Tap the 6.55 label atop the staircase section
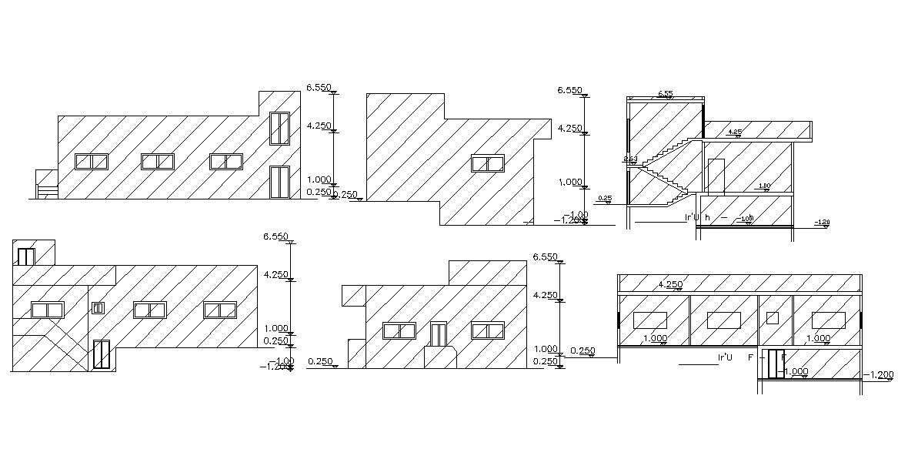tap(665, 94)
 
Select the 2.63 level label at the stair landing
tap(630, 159)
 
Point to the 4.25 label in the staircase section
tap(734, 132)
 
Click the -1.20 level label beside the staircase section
tap(822, 223)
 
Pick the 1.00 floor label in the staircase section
tap(763, 186)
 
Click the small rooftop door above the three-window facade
tap(26, 256)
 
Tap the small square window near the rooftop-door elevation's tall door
tap(98, 308)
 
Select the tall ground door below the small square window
tap(101, 354)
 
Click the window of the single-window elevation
tap(487, 163)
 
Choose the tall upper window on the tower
tap(279, 129)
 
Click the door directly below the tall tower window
tap(279, 183)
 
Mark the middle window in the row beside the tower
tap(157, 162)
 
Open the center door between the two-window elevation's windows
tap(438, 334)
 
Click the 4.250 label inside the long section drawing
tap(670, 284)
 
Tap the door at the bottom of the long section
tap(776, 364)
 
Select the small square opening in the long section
tap(773, 318)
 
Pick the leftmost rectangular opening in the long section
tap(649, 320)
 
